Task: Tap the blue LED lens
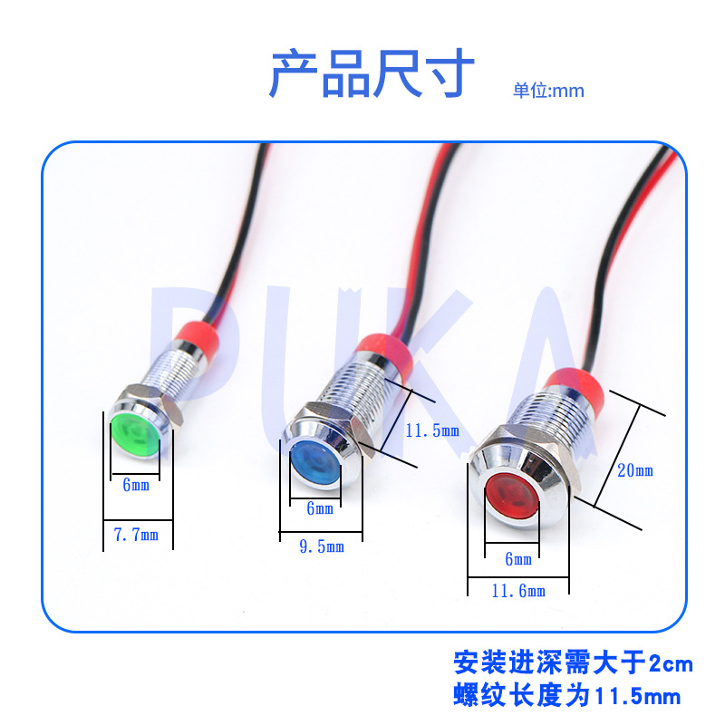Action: pyautogui.click(x=314, y=459)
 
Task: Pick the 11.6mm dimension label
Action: pyautogui.click(x=518, y=591)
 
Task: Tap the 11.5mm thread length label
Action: pyautogui.click(x=432, y=430)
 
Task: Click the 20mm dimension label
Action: pyautogui.click(x=634, y=470)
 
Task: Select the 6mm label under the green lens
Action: pyautogui.click(x=135, y=485)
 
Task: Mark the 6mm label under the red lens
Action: pyautogui.click(x=518, y=559)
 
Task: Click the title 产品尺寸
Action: pyautogui.click(x=371, y=74)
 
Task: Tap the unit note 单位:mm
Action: pyautogui.click(x=548, y=91)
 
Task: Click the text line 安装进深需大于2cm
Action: pyautogui.click(x=573, y=664)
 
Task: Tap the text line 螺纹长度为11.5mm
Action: pyautogui.click(x=566, y=696)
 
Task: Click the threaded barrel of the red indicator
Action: pyautogui.click(x=553, y=426)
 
